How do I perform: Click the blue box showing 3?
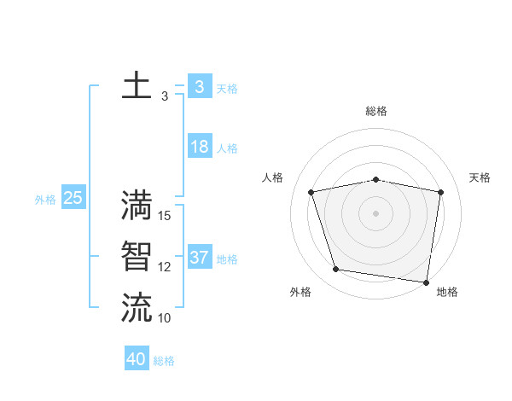coord(200,86)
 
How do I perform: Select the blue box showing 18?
coord(200,147)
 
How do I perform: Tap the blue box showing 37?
coord(200,258)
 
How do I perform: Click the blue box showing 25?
coord(73,198)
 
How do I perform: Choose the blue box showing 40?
coord(137,359)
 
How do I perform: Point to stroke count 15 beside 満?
coord(166,216)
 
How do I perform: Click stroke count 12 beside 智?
coord(166,267)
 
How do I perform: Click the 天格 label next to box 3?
coord(227,88)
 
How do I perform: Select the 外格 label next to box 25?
coord(45,200)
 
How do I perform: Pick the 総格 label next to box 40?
coord(164,361)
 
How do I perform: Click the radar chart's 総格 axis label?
coord(376,111)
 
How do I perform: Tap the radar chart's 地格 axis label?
coord(447,292)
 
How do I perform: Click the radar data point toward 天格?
coord(441,192)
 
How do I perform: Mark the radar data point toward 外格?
coord(336,270)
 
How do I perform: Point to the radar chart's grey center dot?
coord(376,212)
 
